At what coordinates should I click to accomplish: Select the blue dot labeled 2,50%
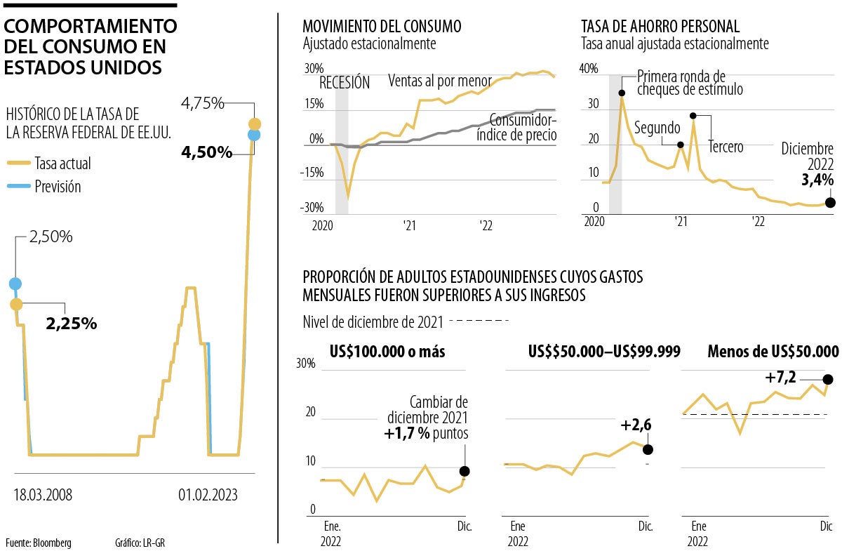pyautogui.click(x=15, y=284)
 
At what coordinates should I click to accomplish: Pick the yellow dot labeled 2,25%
pyautogui.click(x=15, y=304)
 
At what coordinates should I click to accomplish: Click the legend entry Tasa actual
pyautogui.click(x=62, y=164)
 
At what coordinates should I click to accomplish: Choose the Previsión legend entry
pyautogui.click(x=58, y=187)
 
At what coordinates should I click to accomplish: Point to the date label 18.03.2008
pyautogui.click(x=43, y=495)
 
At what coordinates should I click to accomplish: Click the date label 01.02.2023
pyautogui.click(x=208, y=495)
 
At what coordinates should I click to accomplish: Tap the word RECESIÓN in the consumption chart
pyautogui.click(x=344, y=82)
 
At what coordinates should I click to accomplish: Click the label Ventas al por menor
pyautogui.click(x=440, y=81)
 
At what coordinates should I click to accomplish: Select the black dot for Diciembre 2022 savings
pyautogui.click(x=830, y=202)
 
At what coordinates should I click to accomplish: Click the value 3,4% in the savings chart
pyautogui.click(x=817, y=180)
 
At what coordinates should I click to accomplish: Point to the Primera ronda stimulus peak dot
pyautogui.click(x=622, y=93)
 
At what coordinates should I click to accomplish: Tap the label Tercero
pyautogui.click(x=726, y=147)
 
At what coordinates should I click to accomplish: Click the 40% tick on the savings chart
pyautogui.click(x=588, y=69)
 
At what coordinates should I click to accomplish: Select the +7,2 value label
pyautogui.click(x=781, y=378)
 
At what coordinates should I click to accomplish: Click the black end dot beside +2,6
pyautogui.click(x=648, y=449)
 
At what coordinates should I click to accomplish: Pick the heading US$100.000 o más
pyautogui.click(x=387, y=352)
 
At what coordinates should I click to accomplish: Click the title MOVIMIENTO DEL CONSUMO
pyautogui.click(x=382, y=27)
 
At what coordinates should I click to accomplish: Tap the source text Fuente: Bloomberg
pyautogui.click(x=38, y=543)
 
